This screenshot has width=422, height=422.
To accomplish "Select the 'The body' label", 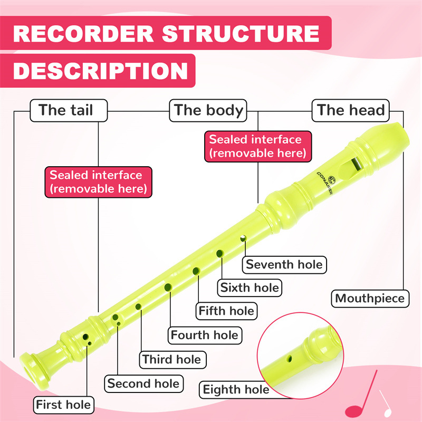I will pyautogui.click(x=209, y=110).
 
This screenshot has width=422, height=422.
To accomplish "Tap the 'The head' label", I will pyautogui.click(x=351, y=110).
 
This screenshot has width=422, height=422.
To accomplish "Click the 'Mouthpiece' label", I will pyautogui.click(x=370, y=299).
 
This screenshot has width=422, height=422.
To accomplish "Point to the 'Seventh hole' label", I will pyautogui.click(x=284, y=264).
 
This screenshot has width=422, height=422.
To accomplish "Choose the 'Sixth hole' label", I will pyautogui.click(x=250, y=287).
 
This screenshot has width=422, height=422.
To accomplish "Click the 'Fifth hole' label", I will pyautogui.click(x=226, y=311).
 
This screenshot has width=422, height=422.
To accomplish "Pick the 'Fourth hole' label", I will pyautogui.click(x=204, y=335).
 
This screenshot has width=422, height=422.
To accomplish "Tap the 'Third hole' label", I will pyautogui.click(x=171, y=360).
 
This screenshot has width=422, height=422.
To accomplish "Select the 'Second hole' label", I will pyautogui.click(x=143, y=383).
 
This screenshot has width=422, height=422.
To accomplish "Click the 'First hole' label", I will pyautogui.click(x=63, y=406).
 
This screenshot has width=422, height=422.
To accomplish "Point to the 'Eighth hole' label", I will pyautogui.click(x=236, y=390).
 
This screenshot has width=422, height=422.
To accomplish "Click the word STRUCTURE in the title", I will pyautogui.click(x=240, y=34).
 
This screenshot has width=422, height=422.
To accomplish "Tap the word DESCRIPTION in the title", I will pyautogui.click(x=100, y=71).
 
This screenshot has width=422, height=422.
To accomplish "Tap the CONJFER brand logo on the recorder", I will pyautogui.click(x=322, y=183).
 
